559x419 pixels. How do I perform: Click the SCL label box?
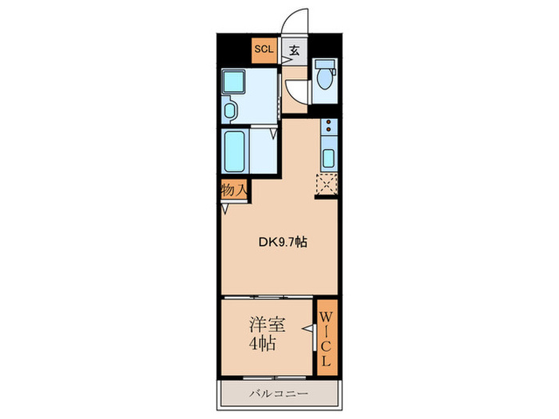click(264, 49)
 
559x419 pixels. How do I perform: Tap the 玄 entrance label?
click(293, 50)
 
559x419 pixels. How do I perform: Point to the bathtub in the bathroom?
click(236, 152)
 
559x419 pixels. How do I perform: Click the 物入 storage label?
click(233, 190)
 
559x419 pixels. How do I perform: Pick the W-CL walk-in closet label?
click(327, 338)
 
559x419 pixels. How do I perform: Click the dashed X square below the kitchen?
click(327, 184)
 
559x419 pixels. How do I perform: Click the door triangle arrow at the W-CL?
click(306, 327)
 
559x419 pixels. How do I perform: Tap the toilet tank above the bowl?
click(324, 64)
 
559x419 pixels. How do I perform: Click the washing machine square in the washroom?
click(235, 81)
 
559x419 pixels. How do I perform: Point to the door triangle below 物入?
click(226, 210)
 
